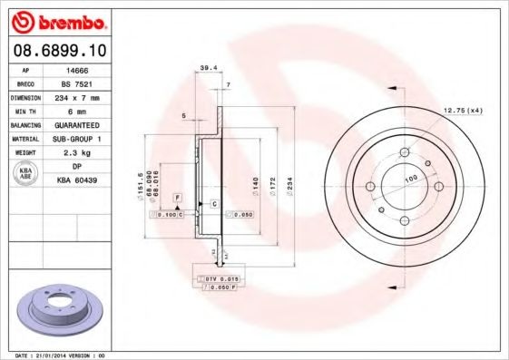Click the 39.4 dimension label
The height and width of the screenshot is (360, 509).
(208, 67)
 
